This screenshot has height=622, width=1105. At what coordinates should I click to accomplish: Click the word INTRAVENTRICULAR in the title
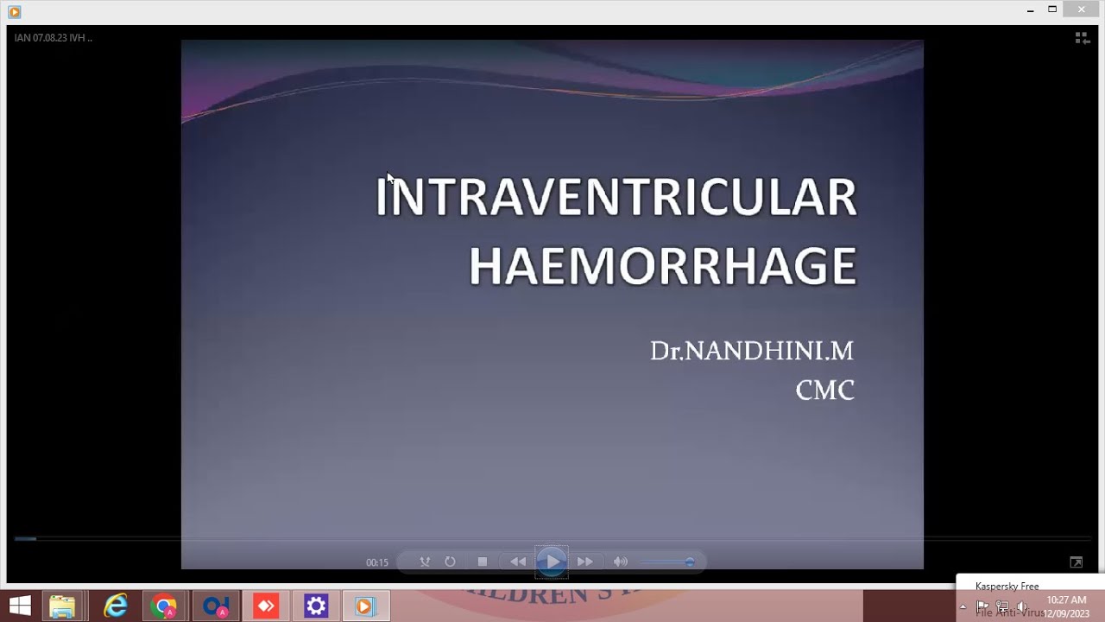616,197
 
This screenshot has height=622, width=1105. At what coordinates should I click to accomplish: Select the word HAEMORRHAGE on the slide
662,266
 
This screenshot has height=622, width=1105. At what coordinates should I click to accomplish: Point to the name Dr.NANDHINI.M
751,351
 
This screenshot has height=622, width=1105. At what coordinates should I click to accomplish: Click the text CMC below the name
824,390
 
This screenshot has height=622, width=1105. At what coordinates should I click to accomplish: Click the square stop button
483,562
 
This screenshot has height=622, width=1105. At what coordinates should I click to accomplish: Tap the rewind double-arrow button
518,562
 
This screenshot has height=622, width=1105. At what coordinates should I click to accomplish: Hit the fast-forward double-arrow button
585,562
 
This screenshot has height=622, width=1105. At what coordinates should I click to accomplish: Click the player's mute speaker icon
620,562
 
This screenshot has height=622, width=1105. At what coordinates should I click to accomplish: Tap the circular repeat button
450,562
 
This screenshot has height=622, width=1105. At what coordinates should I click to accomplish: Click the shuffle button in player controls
425,562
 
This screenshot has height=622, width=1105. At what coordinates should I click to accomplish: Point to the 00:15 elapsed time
377,562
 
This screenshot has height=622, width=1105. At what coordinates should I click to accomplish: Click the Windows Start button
20,606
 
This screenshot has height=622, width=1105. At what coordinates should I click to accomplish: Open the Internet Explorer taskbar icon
115,606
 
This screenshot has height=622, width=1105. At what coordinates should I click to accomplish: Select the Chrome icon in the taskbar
164,606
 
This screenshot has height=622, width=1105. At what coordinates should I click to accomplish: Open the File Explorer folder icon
62,606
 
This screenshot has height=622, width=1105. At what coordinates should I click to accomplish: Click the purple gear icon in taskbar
316,606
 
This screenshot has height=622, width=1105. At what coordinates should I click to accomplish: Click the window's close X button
1082,10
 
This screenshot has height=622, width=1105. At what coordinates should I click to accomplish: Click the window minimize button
1031,10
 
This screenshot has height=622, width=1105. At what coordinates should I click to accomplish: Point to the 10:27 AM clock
1066,600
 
